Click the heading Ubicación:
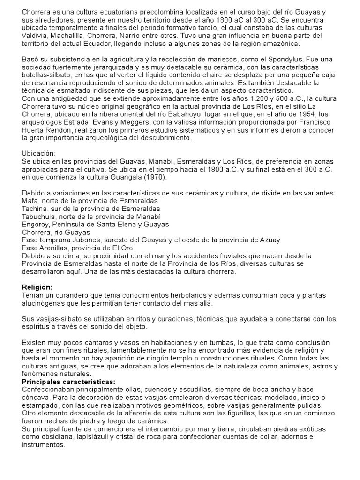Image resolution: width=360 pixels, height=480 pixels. tap(39, 153)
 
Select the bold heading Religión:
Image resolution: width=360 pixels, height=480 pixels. tap(37, 286)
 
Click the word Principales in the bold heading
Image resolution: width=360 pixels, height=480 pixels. tap(41, 382)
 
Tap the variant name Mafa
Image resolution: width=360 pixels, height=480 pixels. tap(30, 201)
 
